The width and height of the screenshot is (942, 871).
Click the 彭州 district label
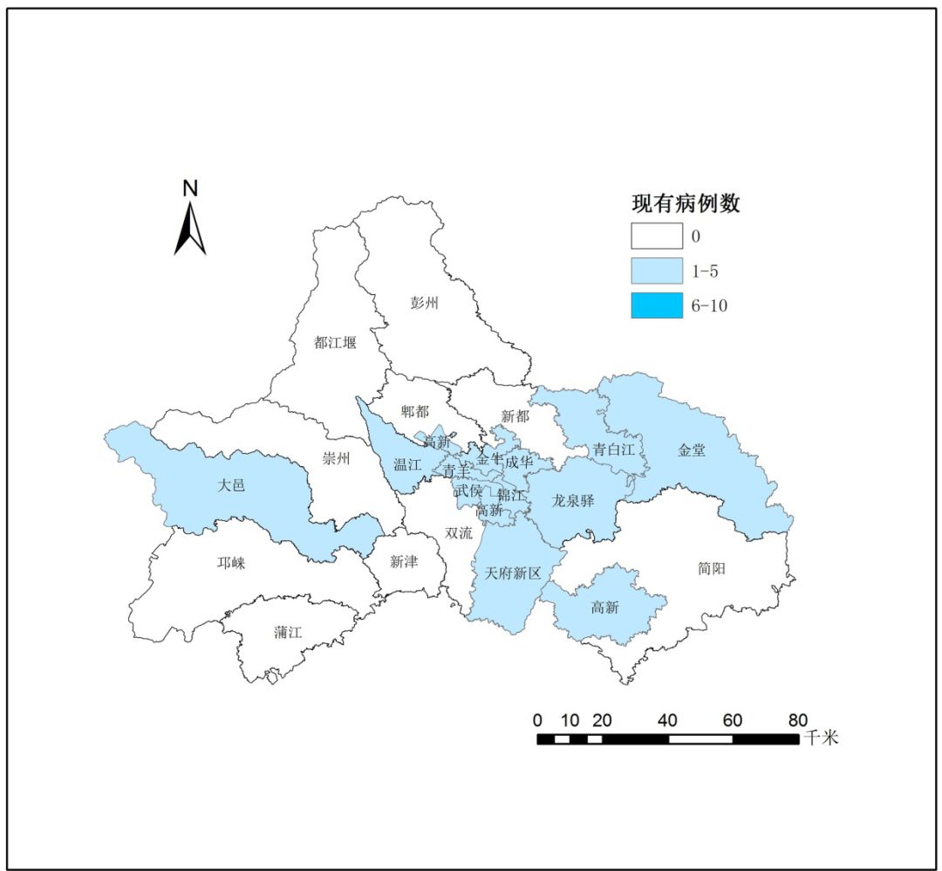pyautogui.click(x=425, y=303)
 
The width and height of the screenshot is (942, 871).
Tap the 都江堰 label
pyautogui.click(x=335, y=343)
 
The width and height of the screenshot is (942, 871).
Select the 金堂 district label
pyautogui.click(x=692, y=450)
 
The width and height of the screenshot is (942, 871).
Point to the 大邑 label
pyautogui.click(x=231, y=485)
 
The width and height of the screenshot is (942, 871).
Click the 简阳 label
pyautogui.click(x=712, y=568)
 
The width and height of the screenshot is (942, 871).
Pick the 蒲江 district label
pyautogui.click(x=288, y=632)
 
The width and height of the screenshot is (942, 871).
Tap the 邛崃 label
pyautogui.click(x=231, y=563)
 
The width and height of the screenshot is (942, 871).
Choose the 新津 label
pyautogui.click(x=404, y=561)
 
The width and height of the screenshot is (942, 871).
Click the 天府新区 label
pyautogui.click(x=514, y=573)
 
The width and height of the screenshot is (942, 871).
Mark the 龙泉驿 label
pyautogui.click(x=573, y=500)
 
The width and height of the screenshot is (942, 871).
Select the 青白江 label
pyautogui.click(x=613, y=449)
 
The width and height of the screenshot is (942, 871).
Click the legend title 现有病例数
pyautogui.click(x=686, y=204)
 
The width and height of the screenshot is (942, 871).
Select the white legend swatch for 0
pyautogui.click(x=657, y=236)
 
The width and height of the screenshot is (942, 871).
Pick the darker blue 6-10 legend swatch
pyautogui.click(x=657, y=305)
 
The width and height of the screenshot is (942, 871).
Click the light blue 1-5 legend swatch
pyautogui.click(x=657, y=271)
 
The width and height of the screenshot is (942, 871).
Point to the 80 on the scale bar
pyautogui.click(x=797, y=720)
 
